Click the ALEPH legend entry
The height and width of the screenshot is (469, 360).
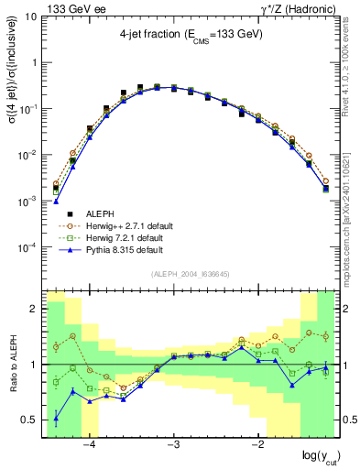pos(101,211)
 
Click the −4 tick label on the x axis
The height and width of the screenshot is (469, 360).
pos(90,445)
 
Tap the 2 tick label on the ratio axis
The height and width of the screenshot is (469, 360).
pos(35,310)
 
